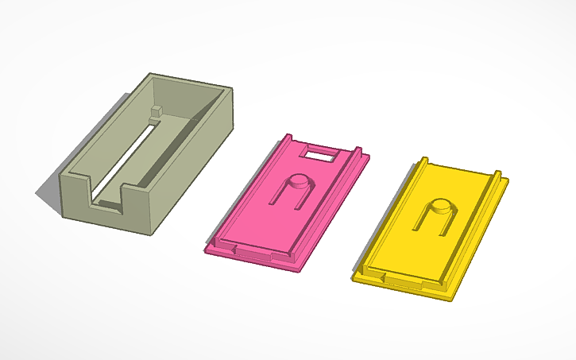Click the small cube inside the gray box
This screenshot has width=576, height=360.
[156, 112]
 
